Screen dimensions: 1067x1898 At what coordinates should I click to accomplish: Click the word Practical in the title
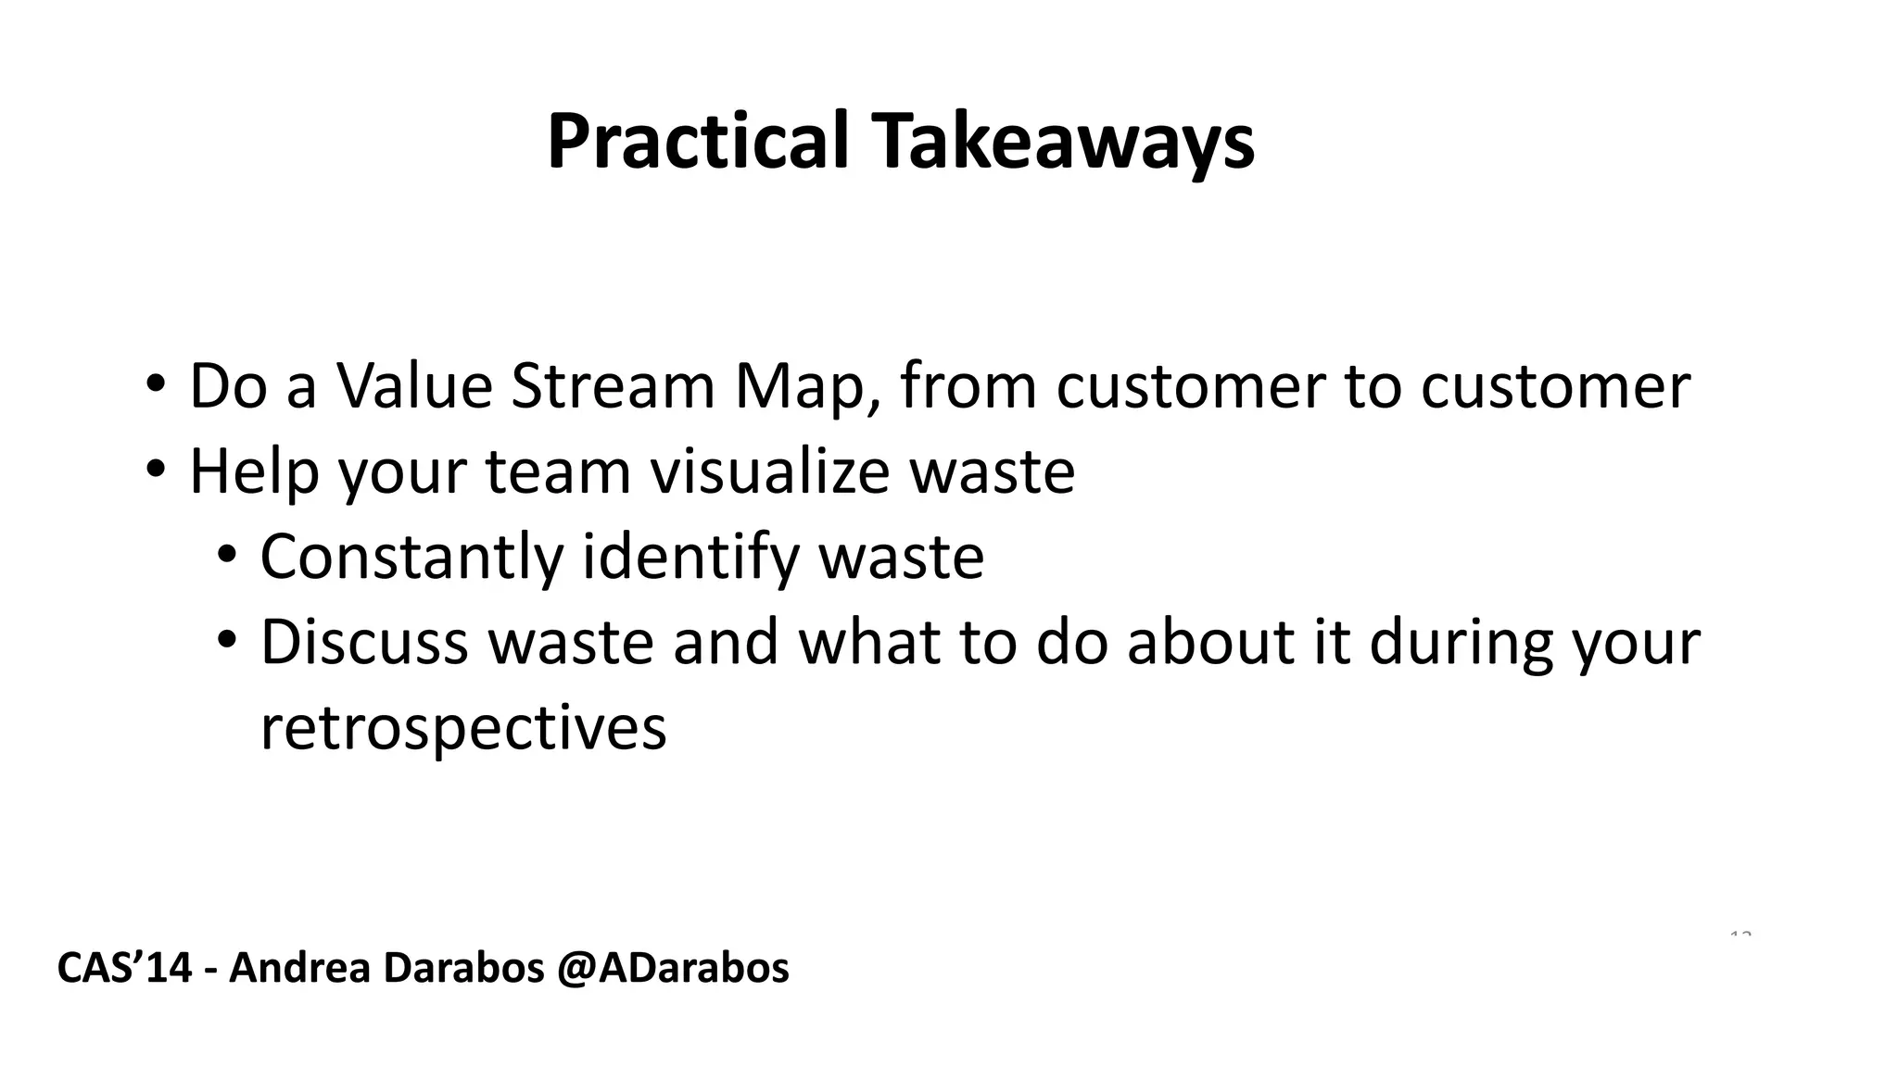697,142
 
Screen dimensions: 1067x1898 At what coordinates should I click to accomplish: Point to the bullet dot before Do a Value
155,384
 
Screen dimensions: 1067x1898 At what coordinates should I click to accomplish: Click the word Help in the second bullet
254,471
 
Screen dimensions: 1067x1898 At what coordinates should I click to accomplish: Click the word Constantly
411,557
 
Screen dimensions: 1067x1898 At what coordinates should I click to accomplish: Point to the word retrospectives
463,728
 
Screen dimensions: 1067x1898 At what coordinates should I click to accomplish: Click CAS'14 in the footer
124,968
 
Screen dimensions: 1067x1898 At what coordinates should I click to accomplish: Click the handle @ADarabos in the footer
673,968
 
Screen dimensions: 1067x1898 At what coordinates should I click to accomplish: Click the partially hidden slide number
1740,934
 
